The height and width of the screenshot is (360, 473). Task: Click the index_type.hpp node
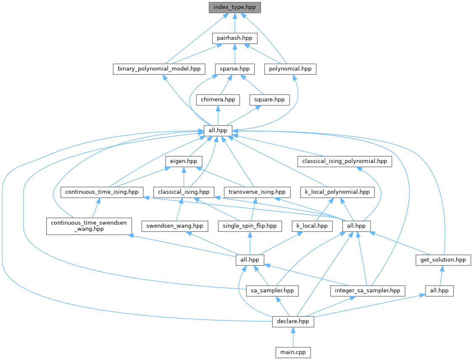[234, 7]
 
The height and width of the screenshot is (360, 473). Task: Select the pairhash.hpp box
[234, 38]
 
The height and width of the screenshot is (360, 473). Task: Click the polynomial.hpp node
[290, 69]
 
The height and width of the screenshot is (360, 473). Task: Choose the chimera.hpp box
[218, 100]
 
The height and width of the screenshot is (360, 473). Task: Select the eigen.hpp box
[184, 161]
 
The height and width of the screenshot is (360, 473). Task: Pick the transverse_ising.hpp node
[257, 192]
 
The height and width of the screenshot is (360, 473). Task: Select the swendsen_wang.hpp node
[175, 226]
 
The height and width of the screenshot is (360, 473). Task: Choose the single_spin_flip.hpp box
[250, 226]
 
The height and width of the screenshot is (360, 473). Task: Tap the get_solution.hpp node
[443, 260]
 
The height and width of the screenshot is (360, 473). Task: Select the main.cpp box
[293, 352]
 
